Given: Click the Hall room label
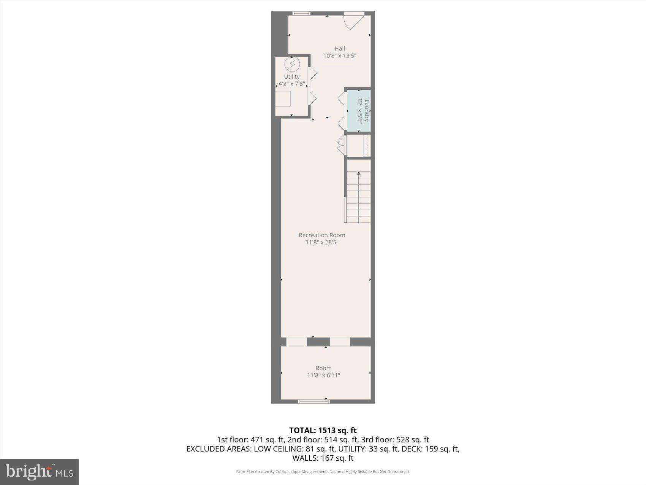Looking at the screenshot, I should pyautogui.click(x=340, y=48).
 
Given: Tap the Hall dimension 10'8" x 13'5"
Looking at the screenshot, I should pyautogui.click(x=340, y=56).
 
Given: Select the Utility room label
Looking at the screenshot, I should pyautogui.click(x=291, y=76).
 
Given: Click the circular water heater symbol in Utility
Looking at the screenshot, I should pyautogui.click(x=292, y=64).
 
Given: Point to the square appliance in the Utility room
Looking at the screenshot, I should pyautogui.click(x=283, y=99).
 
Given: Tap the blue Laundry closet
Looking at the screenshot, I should pyautogui.click(x=359, y=111).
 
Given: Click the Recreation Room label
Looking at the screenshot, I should pyautogui.click(x=322, y=235).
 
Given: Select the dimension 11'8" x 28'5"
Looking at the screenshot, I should pyautogui.click(x=322, y=242).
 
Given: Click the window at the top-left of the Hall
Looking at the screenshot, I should pyautogui.click(x=301, y=13).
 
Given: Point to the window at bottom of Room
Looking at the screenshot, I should pyautogui.click(x=314, y=401).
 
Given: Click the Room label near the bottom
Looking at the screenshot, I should pyautogui.click(x=323, y=368).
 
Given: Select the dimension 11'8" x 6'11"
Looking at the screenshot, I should pyautogui.click(x=323, y=375).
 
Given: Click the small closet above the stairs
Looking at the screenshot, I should pyautogui.click(x=358, y=145).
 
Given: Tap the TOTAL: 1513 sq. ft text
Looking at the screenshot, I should pyautogui.click(x=323, y=430).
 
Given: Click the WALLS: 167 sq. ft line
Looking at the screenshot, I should pyautogui.click(x=323, y=458).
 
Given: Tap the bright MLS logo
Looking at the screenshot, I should pyautogui.click(x=40, y=472).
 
